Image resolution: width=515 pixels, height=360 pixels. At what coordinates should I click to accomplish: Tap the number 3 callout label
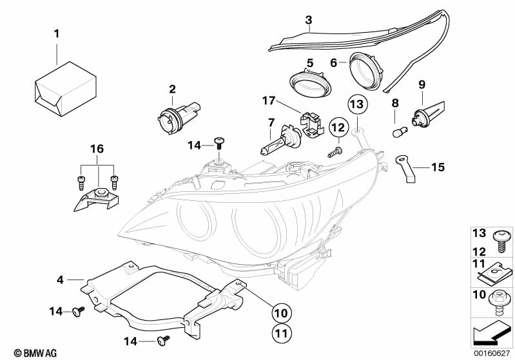coord(309,20)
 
